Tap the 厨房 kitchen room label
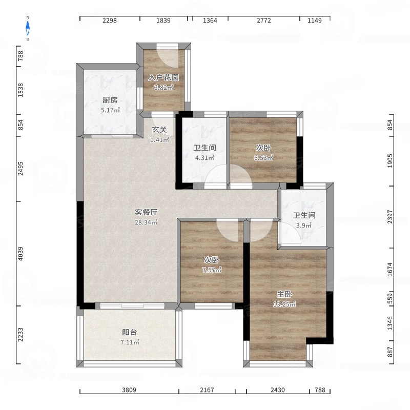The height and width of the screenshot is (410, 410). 110,100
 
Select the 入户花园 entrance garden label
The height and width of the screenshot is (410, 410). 163,77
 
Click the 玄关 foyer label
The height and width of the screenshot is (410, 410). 159,130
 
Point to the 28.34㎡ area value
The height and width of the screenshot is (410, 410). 146,222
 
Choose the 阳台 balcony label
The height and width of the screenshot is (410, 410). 130,332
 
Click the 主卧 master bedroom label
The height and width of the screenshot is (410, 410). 284,294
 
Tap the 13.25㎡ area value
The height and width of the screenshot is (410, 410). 284,304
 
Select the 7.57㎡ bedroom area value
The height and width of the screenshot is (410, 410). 212,270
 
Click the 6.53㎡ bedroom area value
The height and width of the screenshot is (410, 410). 263,158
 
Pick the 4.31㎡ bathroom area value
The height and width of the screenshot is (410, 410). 204,158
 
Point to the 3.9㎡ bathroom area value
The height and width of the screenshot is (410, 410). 304,225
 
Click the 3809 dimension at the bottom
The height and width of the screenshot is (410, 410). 129,390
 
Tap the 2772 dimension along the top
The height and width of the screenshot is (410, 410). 263,20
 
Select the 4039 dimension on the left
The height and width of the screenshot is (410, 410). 20,254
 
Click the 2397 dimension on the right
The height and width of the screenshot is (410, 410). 390,217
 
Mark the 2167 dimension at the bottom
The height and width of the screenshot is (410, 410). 207,390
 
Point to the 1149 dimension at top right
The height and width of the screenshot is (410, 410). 315,20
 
